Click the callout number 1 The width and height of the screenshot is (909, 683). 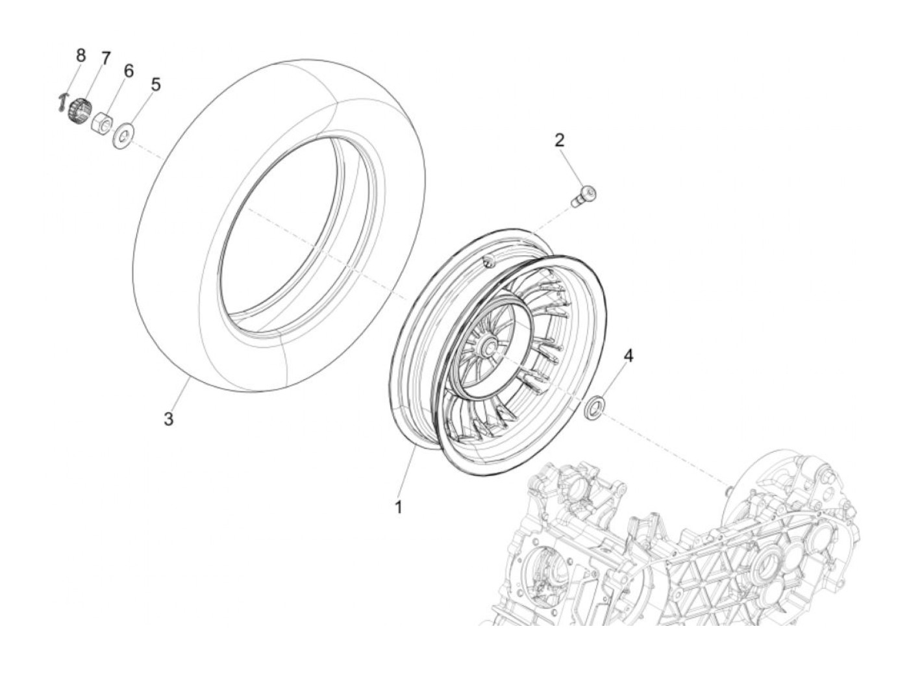pyautogui.click(x=398, y=507)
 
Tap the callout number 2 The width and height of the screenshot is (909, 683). pyautogui.click(x=560, y=140)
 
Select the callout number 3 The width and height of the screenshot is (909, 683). pyautogui.click(x=168, y=419)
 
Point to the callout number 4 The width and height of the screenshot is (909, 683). pyautogui.click(x=628, y=355)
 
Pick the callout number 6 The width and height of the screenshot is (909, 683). pyautogui.click(x=129, y=71)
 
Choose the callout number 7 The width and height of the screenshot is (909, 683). pyautogui.click(x=105, y=58)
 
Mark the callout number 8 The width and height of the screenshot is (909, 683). pyautogui.click(x=81, y=55)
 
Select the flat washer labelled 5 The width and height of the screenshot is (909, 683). pyautogui.click(x=121, y=137)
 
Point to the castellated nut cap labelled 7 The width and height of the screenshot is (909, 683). pyautogui.click(x=81, y=106)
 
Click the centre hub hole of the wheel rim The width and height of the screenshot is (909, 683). pyautogui.click(x=488, y=348)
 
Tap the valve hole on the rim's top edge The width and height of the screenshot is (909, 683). pyautogui.click(x=488, y=260)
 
